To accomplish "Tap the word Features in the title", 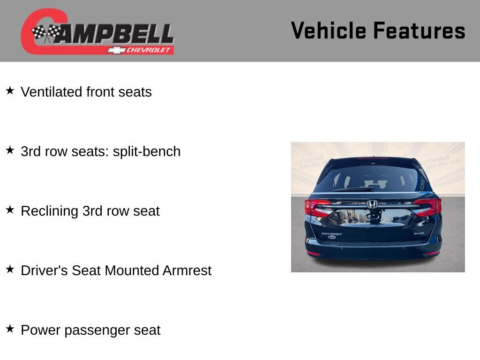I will click(419, 30).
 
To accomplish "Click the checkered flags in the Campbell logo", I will click(46, 32).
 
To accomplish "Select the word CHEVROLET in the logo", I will click(149, 50).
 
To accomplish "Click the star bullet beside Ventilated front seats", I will click(10, 90).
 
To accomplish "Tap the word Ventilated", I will click(52, 92).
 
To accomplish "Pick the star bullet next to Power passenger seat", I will click(10, 329).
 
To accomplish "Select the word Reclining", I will click(50, 211).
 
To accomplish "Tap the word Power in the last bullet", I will click(41, 330).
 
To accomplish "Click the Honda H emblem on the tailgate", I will click(372, 204).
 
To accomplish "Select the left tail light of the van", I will click(317, 207).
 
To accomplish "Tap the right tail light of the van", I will click(428, 206).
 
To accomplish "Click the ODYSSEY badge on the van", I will click(332, 233).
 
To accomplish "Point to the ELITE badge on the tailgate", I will click(419, 233).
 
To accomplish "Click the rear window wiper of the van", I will click(352, 189).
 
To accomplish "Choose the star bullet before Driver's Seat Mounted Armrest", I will click(10, 269).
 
